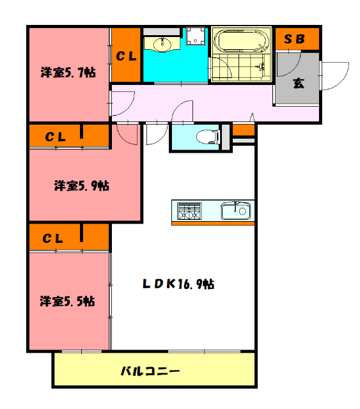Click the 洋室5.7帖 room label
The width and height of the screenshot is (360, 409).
click(x=69, y=73)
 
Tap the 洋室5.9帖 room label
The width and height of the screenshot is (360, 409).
click(x=81, y=186)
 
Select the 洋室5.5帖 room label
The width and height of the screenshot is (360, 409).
click(x=67, y=300)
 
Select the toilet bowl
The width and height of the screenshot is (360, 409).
click(x=205, y=135)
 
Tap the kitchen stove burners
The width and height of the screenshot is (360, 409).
click(x=189, y=210)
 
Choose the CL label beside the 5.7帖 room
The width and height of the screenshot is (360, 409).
click(x=126, y=56)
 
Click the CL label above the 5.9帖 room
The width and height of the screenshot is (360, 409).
click(x=55, y=135)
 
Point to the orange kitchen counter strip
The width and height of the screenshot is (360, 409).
click(x=213, y=223)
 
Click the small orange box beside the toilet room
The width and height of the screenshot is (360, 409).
click(x=244, y=130)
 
